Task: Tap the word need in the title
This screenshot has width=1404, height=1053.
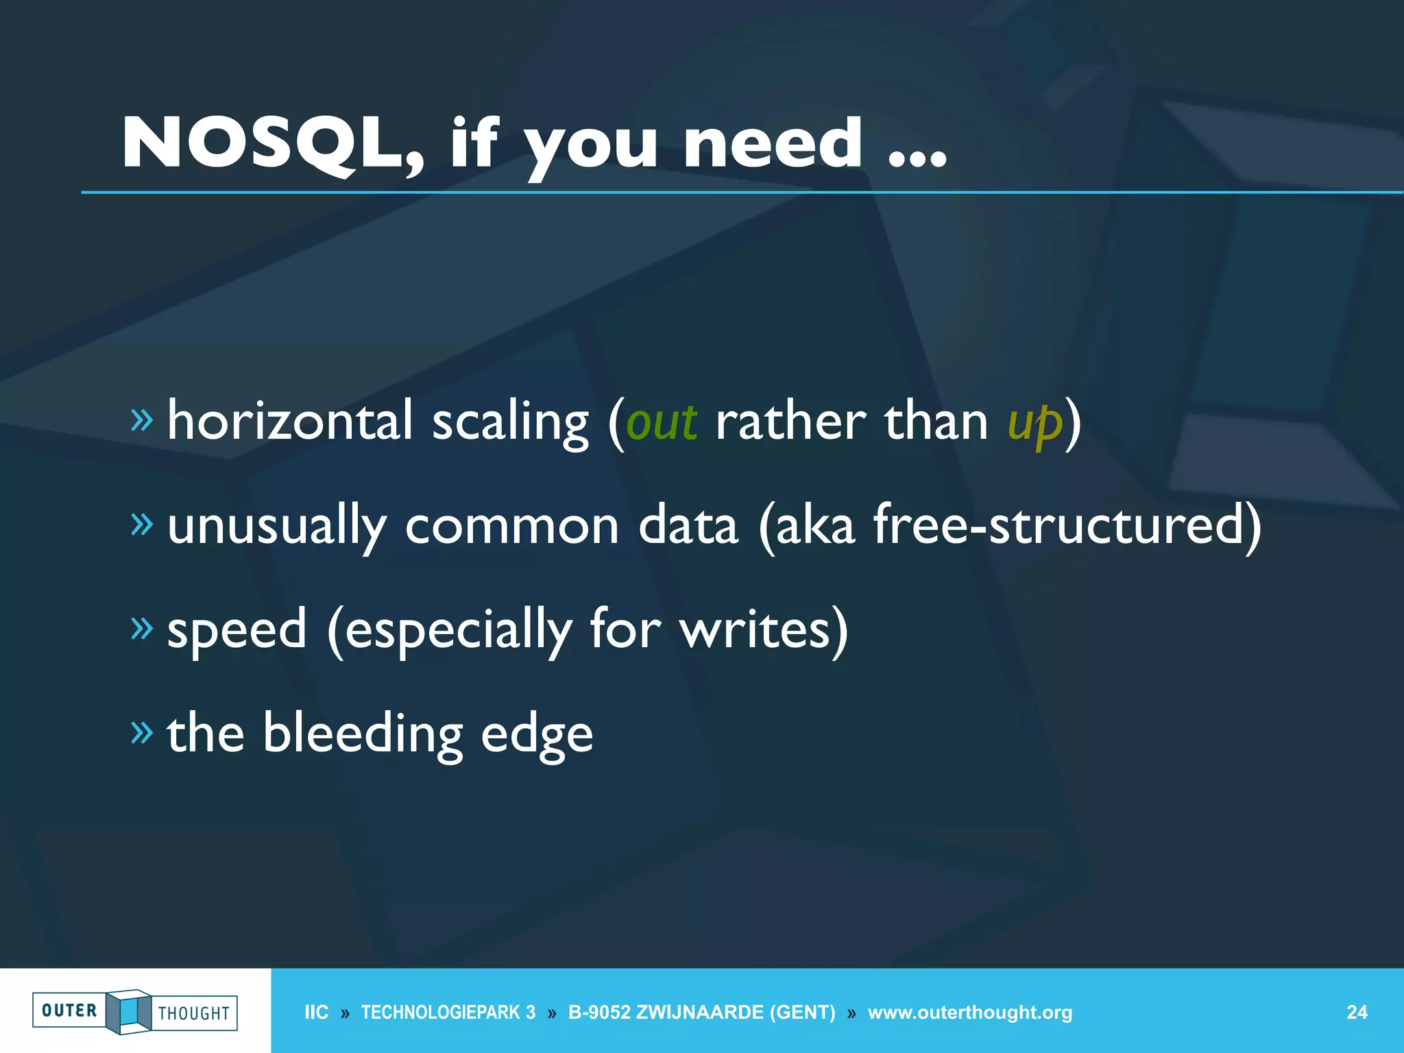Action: click(x=773, y=143)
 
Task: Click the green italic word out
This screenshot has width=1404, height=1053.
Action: click(x=662, y=422)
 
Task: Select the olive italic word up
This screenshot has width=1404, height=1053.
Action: click(x=1034, y=423)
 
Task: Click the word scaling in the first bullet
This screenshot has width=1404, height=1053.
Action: click(x=510, y=423)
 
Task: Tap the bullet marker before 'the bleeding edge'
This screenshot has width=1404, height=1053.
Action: click(x=142, y=733)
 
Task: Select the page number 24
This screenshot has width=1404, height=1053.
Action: click(x=1357, y=1013)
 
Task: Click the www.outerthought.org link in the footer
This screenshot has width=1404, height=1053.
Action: click(x=969, y=1013)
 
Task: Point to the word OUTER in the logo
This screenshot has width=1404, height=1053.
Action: click(x=69, y=1010)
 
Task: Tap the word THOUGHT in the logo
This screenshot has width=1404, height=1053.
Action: click(x=194, y=1013)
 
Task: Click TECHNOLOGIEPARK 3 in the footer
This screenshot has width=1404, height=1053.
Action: click(x=448, y=1013)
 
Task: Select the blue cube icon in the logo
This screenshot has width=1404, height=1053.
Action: click(x=129, y=1011)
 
